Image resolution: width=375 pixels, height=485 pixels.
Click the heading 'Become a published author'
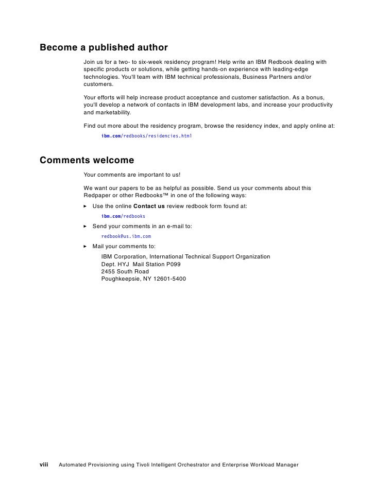pos(104,48)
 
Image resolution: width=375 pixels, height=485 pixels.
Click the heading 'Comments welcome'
pos(87,160)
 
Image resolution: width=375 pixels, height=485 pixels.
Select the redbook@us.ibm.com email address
pos(126,236)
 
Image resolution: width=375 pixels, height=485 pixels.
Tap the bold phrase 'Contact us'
pos(149,206)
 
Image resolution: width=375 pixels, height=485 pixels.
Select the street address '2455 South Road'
pos(125,271)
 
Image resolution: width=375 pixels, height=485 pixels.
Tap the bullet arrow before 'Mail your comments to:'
pos(86,247)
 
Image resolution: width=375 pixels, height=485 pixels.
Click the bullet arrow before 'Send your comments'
pos(86,227)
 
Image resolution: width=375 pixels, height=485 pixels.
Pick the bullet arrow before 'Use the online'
pos(86,206)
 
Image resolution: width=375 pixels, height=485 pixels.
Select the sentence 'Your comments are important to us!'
pos(132,174)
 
